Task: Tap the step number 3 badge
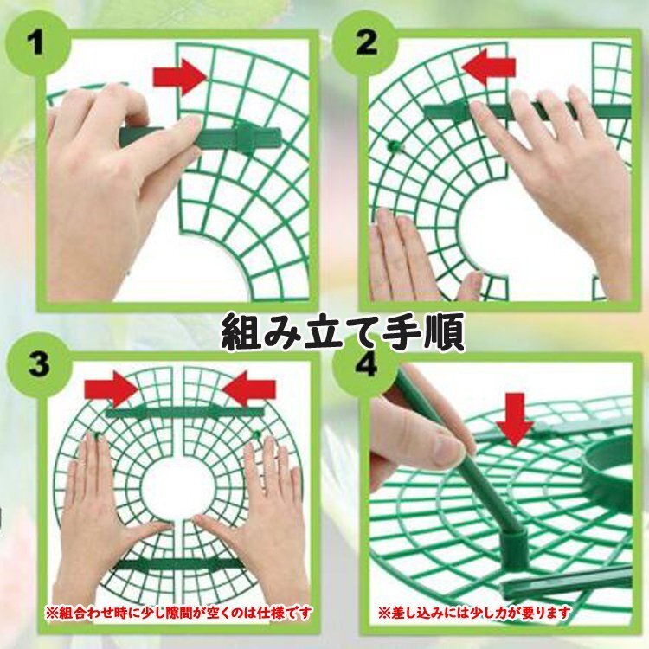click(x=38, y=364)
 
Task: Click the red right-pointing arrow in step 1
click(x=180, y=76)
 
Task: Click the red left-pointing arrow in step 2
click(x=489, y=67)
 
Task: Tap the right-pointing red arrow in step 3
click(x=112, y=389)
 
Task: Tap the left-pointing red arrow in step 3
click(x=248, y=389)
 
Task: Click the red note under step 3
click(x=178, y=612)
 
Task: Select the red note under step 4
click(x=474, y=612)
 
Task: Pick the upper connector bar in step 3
click(x=184, y=411)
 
